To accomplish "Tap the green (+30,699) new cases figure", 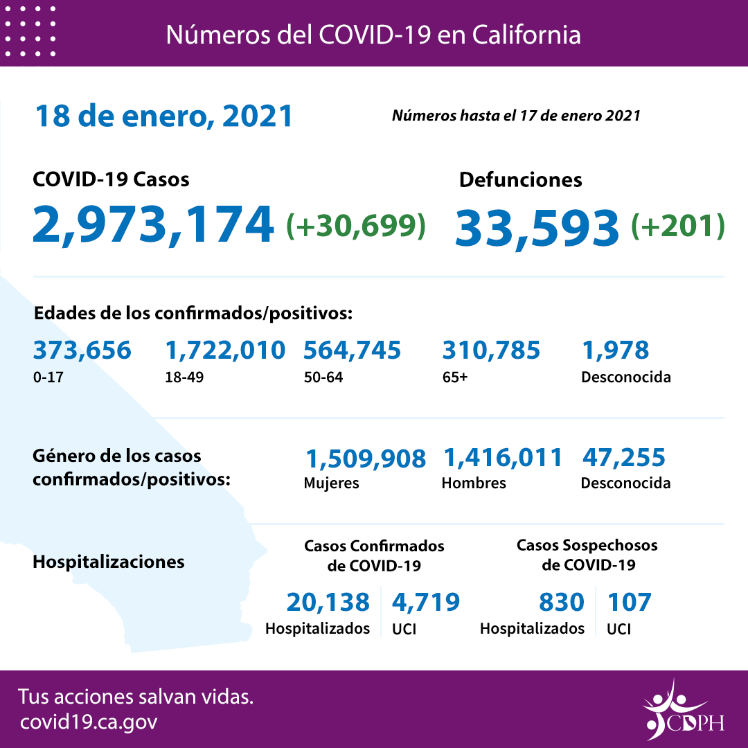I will click(356, 225).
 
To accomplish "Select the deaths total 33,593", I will click(537, 227).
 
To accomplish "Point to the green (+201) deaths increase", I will click(678, 225).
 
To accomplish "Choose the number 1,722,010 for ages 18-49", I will click(225, 350).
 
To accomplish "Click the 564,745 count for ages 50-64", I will click(352, 350).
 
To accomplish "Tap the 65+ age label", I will click(454, 377).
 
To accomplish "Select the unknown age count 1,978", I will click(615, 350).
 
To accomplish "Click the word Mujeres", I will click(331, 483).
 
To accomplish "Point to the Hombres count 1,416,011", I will click(502, 458).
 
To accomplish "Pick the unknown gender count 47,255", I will click(623, 458).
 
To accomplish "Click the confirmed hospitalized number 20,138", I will click(328, 603).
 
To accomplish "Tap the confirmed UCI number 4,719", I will click(425, 603).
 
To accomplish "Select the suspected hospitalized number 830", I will click(561, 603).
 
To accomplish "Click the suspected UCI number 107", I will click(629, 603).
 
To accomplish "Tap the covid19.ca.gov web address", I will click(89, 722).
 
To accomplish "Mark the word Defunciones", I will click(520, 180).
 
